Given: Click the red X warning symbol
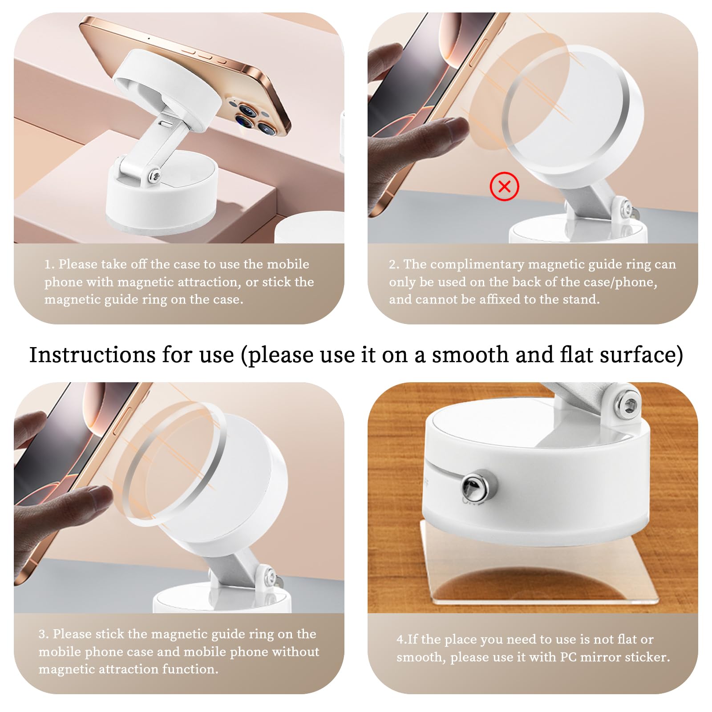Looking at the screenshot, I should click(504, 186).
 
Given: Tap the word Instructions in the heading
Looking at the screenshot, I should click(93, 355).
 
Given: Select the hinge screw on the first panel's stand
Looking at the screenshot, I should click(154, 176).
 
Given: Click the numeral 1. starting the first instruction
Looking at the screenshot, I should click(49, 264).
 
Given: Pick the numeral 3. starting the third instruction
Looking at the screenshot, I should click(43, 634).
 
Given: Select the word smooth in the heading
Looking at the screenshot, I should click(470, 355).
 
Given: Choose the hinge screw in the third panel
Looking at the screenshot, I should click(268, 578).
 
